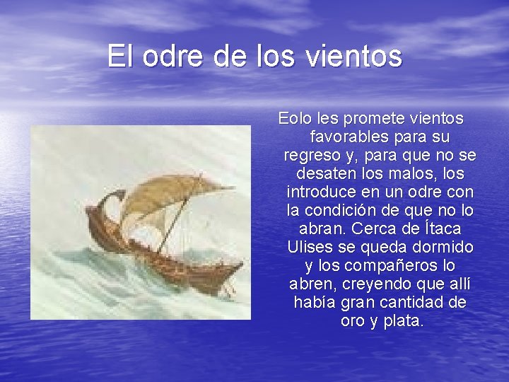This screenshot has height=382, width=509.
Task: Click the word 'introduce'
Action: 321,192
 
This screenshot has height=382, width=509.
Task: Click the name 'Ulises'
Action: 308,248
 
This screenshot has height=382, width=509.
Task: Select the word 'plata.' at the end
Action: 403,321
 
